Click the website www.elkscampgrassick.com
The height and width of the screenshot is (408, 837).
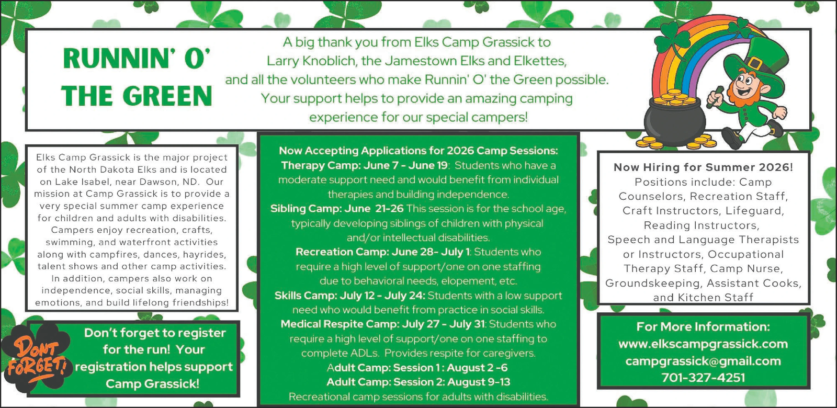point(703,344)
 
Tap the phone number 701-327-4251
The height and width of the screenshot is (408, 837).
point(703,378)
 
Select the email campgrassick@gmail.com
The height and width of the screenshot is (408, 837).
point(703,361)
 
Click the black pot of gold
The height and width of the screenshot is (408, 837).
point(674,120)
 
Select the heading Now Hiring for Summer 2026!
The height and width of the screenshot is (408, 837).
point(703,167)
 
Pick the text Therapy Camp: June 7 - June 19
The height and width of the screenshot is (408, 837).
point(364,165)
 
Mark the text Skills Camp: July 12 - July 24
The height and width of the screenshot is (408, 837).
point(350,296)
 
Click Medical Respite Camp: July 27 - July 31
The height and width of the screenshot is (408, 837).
point(383,324)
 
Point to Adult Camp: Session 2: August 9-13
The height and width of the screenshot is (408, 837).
point(418,382)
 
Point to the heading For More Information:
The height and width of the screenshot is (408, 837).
point(703,327)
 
